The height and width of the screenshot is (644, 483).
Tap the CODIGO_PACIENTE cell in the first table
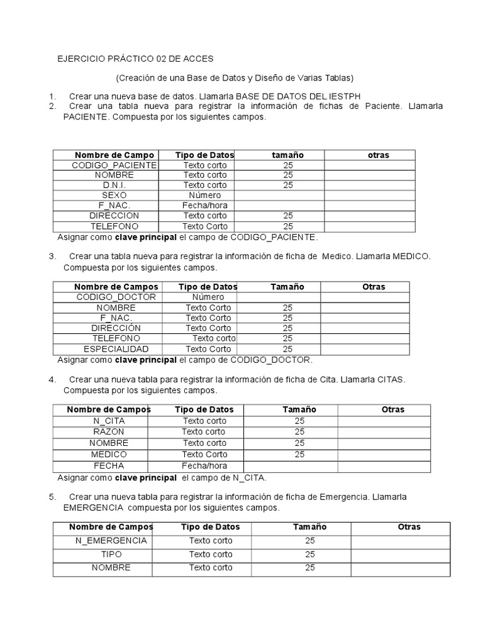[x=106, y=165]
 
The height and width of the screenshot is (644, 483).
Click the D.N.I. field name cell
[x=106, y=185]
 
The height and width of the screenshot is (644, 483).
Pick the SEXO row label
[x=106, y=195]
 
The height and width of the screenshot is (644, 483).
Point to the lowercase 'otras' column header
[x=378, y=155]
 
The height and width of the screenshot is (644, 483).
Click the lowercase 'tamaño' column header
[x=287, y=155]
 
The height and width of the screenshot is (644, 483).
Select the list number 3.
[x=51, y=257]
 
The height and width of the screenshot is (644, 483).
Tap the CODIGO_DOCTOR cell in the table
[x=116, y=297]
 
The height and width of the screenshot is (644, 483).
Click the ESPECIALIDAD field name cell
[x=116, y=348]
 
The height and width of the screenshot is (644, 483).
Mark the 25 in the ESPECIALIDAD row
[x=287, y=348]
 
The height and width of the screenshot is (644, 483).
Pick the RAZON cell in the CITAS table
[x=108, y=431]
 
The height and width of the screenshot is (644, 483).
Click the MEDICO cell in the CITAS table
[x=108, y=454]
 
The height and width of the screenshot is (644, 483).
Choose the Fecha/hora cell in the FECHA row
[x=204, y=466]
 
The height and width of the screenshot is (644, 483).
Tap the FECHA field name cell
[x=108, y=466]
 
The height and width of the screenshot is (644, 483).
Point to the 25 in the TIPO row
[x=309, y=554]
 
